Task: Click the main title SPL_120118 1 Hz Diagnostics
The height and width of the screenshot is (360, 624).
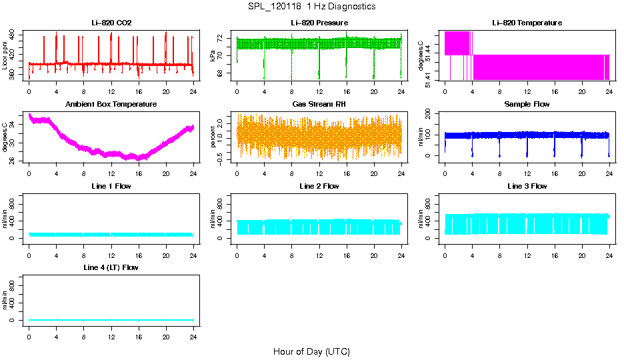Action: click(311, 7)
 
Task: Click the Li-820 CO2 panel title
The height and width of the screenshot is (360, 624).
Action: click(111, 23)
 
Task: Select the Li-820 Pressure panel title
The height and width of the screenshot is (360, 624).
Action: click(319, 23)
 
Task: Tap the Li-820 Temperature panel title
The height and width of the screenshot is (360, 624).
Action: click(527, 23)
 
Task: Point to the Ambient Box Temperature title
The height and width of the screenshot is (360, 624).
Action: click(111, 105)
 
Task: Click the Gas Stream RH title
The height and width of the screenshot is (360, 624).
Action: click(319, 105)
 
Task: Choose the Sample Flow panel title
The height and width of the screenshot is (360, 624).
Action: click(527, 105)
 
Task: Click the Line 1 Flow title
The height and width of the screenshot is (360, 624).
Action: click(111, 186)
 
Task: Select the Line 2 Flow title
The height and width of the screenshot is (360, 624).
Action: click(319, 186)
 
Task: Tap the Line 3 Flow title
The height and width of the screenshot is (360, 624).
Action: click(527, 186)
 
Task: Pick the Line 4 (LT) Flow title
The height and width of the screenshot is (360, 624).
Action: click(111, 267)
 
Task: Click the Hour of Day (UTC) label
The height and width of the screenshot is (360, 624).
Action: click(311, 351)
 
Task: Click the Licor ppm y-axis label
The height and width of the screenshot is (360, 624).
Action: click(5, 56)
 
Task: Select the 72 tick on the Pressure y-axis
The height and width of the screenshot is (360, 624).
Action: click(224, 39)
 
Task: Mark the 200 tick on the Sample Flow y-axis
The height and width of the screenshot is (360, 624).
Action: click(432, 115)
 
